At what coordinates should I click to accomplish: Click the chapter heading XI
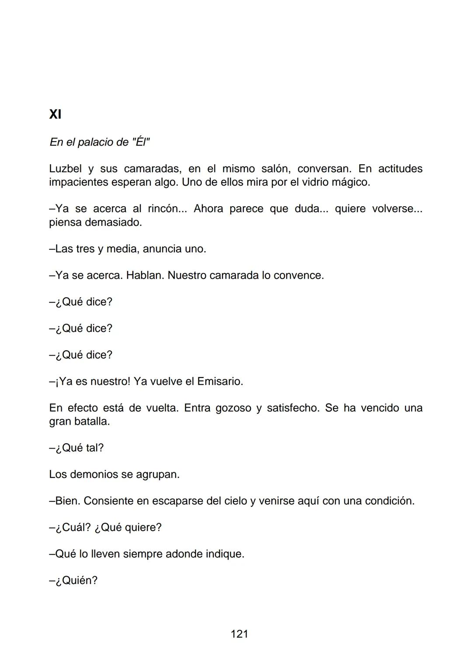[55, 114]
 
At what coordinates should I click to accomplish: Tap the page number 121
[239, 634]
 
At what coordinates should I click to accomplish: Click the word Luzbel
[66, 169]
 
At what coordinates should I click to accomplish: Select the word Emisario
[220, 382]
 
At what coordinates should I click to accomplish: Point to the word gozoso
[233, 408]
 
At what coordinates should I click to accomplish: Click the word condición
[390, 501]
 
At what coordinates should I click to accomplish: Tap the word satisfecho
[292, 408]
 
